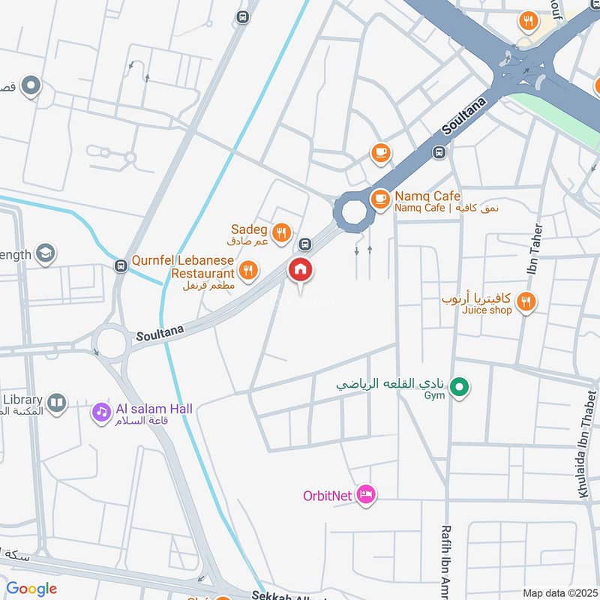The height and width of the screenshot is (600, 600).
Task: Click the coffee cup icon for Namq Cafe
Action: click(381, 199)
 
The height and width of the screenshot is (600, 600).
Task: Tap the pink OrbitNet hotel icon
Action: click(365, 495)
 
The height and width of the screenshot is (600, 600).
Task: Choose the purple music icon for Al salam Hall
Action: click(100, 411)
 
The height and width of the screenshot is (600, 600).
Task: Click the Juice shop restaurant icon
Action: click(526, 302)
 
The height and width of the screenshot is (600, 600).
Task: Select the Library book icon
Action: click(57, 403)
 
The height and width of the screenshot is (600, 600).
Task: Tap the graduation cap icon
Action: click(46, 253)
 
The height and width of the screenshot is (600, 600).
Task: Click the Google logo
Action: click(31, 589)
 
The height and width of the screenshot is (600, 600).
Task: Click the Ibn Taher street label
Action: click(537, 248)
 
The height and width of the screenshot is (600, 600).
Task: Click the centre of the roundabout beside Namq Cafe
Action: click(352, 212)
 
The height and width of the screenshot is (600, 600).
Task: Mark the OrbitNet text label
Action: click(328, 496)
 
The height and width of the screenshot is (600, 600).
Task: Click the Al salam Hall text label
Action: click(154, 409)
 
